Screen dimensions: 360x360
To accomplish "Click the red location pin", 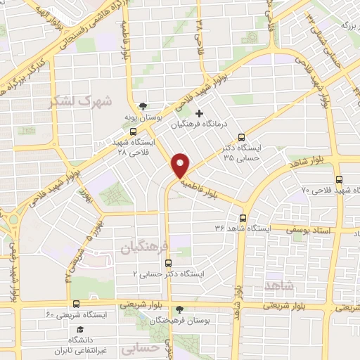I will [181, 164].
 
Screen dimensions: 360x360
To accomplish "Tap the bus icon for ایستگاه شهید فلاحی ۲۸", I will [133, 131].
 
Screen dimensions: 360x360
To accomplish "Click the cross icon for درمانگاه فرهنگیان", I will [199, 113].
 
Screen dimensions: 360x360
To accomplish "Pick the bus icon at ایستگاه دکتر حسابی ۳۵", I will [242, 137].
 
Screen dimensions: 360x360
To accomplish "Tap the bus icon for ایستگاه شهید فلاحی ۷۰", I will [340, 179].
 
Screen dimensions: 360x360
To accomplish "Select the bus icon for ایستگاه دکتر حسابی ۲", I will [167, 263].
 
